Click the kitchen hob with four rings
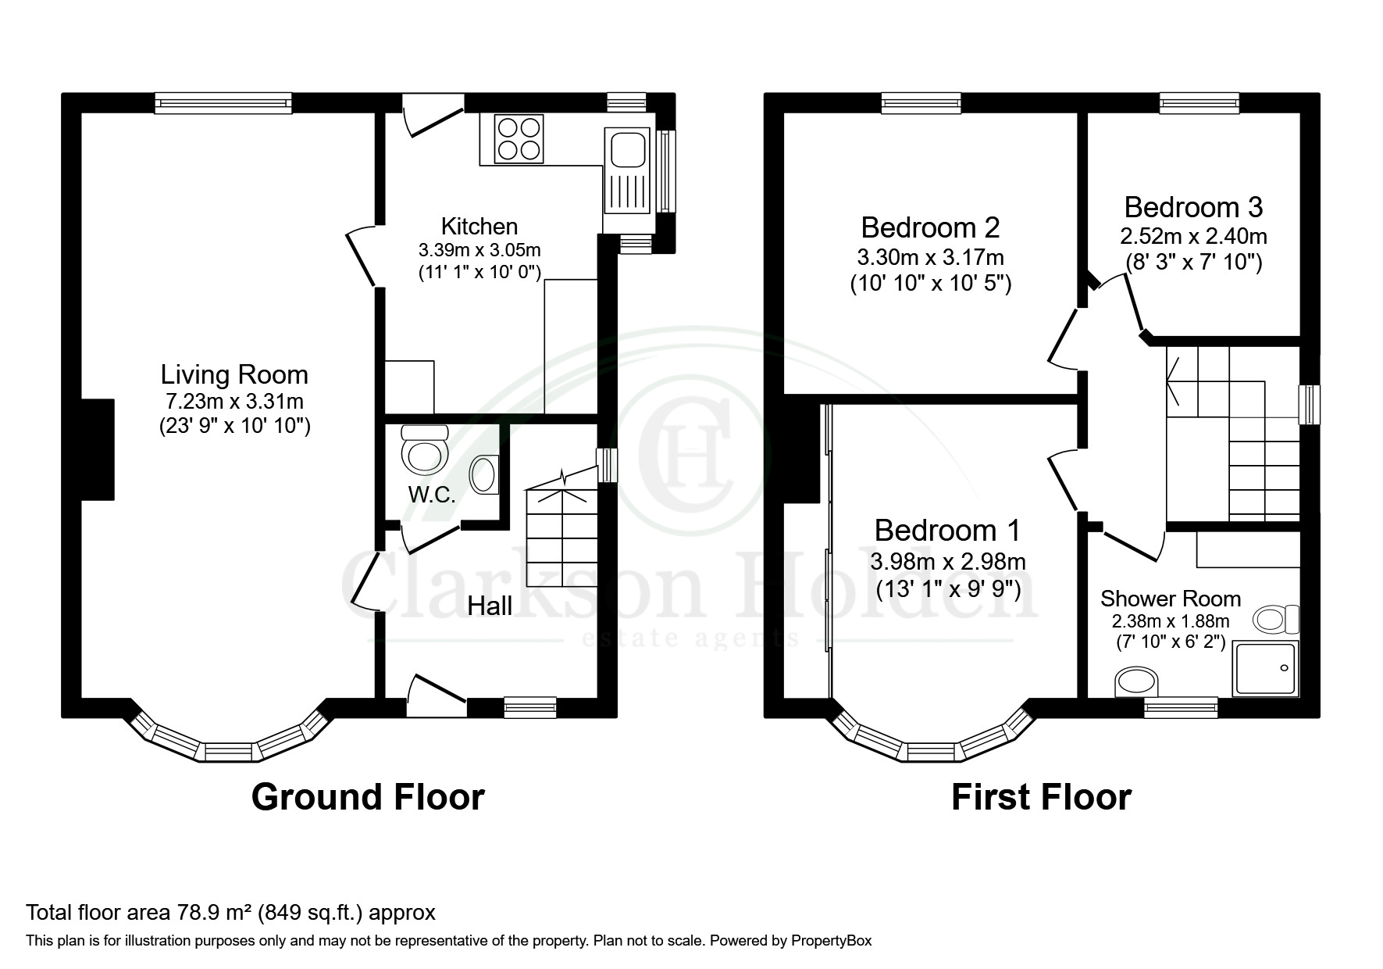point(519,139)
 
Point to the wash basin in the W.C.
point(485,474)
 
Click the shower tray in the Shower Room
point(1265,668)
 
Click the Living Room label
point(234,374)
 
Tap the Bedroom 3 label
point(1193,207)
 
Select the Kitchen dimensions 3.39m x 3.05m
point(479,250)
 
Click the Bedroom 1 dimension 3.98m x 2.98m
point(948,561)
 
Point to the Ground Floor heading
point(368,797)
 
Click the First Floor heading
point(1041,797)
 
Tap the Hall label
point(490,606)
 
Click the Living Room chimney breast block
point(98,449)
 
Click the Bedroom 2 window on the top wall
point(921,103)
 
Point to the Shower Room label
point(1171,599)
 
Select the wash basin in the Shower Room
point(1138,681)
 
